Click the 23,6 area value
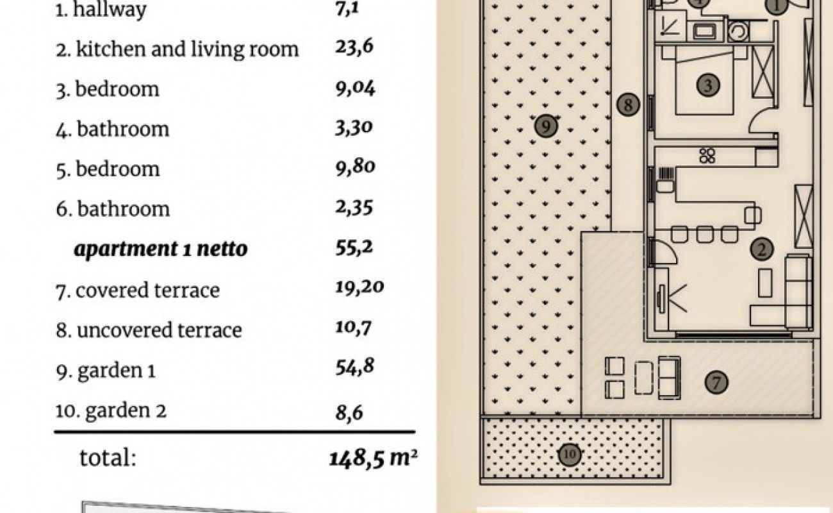click(x=354, y=48)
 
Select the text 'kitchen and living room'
click(x=187, y=49)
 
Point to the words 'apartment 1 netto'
click(x=161, y=249)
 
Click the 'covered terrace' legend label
click(x=147, y=290)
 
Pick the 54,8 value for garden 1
click(x=355, y=367)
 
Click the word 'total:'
click(x=108, y=457)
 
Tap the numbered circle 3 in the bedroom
click(x=708, y=85)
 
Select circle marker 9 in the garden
click(x=546, y=126)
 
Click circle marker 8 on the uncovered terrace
click(x=628, y=105)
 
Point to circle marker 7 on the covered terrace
click(x=716, y=382)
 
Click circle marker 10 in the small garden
click(x=570, y=455)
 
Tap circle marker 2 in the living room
click(x=762, y=249)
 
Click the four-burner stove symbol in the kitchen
click(x=707, y=156)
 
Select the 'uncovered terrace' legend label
click(x=160, y=331)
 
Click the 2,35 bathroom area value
click(x=354, y=208)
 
